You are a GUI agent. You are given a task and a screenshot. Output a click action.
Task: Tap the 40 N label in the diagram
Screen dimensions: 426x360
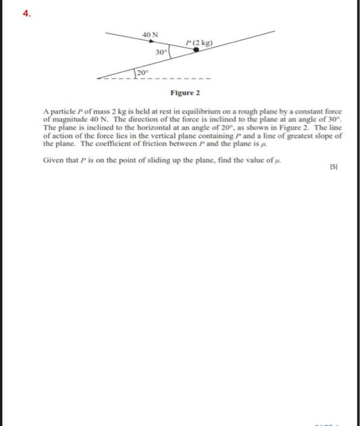(x=150, y=35)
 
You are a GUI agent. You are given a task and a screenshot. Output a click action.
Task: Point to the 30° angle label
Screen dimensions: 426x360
(x=160, y=53)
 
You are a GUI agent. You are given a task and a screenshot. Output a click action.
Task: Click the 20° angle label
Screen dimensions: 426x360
(x=142, y=72)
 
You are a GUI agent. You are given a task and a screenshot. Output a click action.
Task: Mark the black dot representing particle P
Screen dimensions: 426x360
(x=195, y=50)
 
